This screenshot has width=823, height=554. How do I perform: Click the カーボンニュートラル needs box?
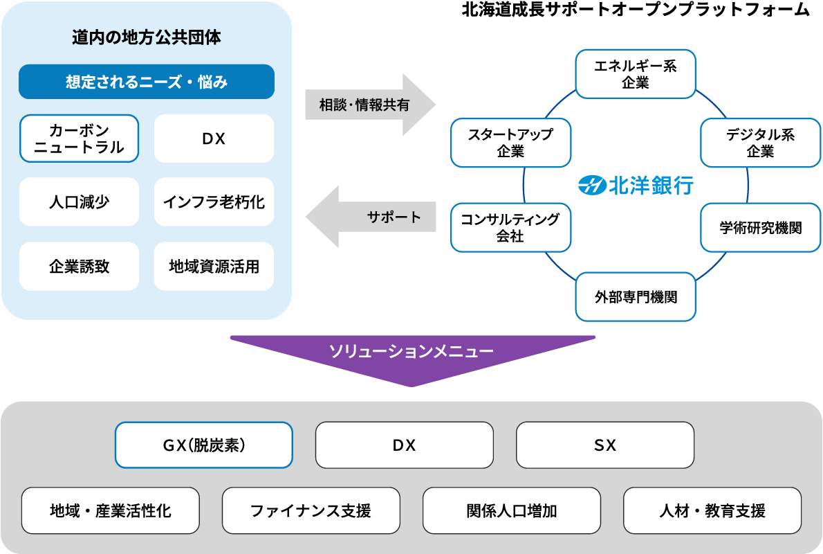[x=80, y=138]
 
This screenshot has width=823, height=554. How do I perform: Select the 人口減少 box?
[x=80, y=202]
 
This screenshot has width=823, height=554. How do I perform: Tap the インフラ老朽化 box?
[x=214, y=202]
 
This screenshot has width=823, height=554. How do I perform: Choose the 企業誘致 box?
[x=80, y=267]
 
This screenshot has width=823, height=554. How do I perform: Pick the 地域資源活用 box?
[x=214, y=267]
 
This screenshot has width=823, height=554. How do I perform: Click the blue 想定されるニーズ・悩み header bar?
[x=147, y=82]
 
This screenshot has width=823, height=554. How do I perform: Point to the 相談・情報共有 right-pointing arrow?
[x=371, y=105]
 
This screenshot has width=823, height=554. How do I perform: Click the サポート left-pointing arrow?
[x=371, y=217]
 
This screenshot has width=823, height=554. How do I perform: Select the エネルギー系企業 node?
[x=636, y=74]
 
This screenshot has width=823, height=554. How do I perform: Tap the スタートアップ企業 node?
[x=510, y=143]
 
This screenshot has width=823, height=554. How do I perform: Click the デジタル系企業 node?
[x=761, y=143]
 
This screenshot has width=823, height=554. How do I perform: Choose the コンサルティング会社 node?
[x=510, y=228]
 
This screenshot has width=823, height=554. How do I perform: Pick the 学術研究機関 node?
[x=761, y=228]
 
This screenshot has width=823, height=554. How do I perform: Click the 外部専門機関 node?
[x=636, y=297]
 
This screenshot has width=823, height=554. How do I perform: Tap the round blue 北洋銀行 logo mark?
[x=592, y=186]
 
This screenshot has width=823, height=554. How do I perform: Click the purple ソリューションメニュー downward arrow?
[x=413, y=360]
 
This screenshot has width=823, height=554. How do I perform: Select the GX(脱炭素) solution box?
[x=204, y=445]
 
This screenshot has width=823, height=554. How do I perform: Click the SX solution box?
[x=605, y=445]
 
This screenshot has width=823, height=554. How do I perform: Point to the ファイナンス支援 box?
[x=311, y=510]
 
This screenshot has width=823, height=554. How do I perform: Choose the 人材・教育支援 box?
[x=712, y=510]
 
